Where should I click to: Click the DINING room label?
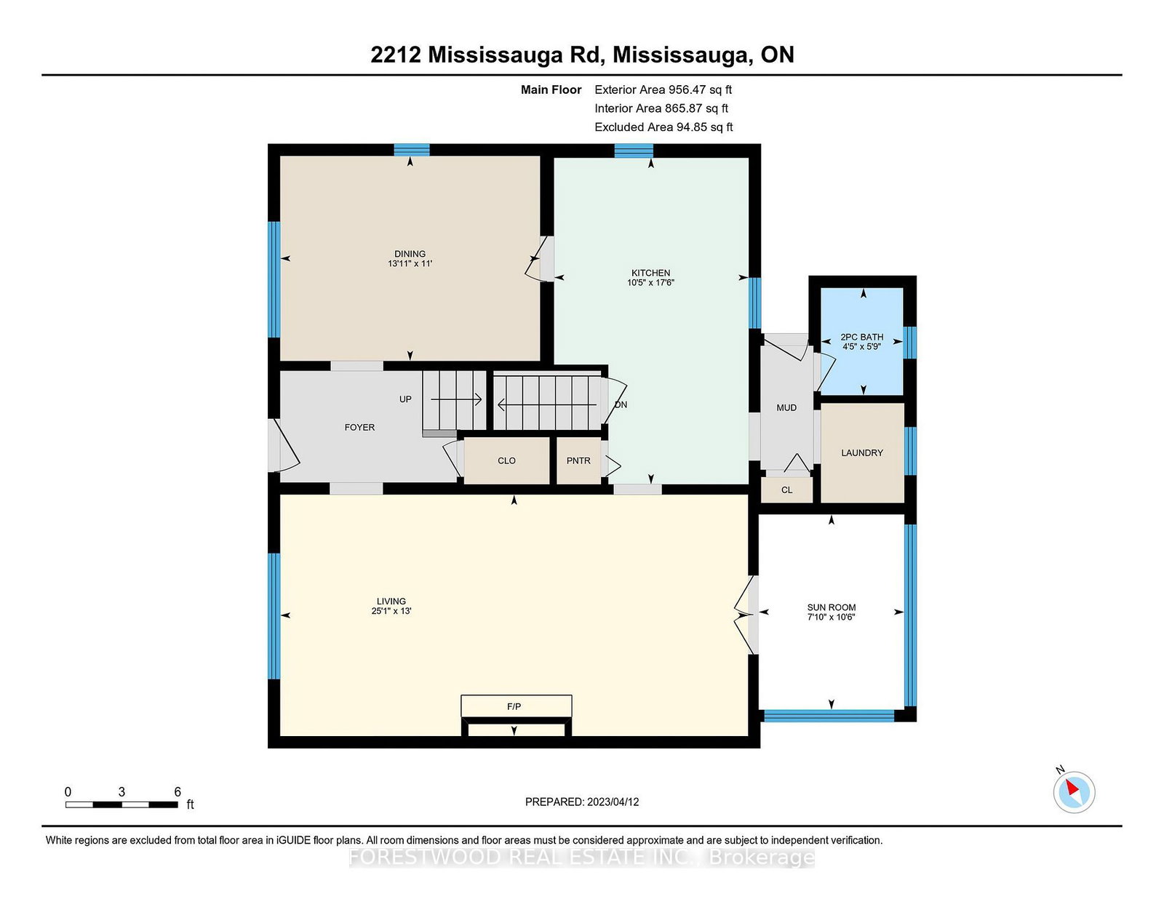[410, 254]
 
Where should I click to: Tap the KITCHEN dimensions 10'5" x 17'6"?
[650, 283]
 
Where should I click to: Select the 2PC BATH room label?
[861, 337]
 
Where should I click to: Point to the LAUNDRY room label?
[862, 453]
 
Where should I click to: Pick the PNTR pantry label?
[578, 460]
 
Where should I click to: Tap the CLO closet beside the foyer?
[507, 461]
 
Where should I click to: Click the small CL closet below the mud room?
[787, 490]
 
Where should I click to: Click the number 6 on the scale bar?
[178, 792]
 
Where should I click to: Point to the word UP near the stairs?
[405, 399]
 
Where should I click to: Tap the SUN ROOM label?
[832, 608]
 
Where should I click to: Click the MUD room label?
[786, 408]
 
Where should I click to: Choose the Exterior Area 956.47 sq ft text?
[663, 90]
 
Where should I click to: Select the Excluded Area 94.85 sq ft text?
[663, 127]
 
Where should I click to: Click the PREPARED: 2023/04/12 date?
[582, 802]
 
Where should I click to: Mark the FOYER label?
[359, 427]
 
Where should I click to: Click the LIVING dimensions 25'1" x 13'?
[391, 611]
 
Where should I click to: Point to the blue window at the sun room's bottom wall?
[829, 715]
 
